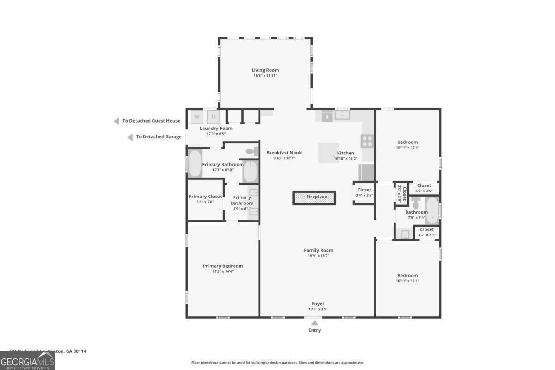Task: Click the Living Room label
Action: (x=265, y=70)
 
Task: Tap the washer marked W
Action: (x=197, y=117)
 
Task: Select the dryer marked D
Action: (x=213, y=117)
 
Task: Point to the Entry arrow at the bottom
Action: (x=314, y=323)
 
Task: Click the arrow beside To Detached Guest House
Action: (x=117, y=121)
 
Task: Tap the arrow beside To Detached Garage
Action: (x=130, y=137)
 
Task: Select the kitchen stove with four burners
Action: (x=367, y=141)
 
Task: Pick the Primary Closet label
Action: (x=205, y=197)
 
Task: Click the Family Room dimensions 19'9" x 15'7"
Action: (x=318, y=256)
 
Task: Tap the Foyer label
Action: (x=318, y=304)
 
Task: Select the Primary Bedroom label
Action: (x=223, y=266)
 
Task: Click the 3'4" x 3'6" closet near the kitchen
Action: (x=364, y=192)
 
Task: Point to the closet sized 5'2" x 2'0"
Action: (x=424, y=188)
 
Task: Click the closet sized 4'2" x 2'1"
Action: (x=426, y=232)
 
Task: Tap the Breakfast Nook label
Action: (x=284, y=153)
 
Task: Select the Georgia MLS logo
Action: (x=28, y=361)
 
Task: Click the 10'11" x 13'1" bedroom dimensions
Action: (x=407, y=281)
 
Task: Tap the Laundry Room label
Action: (x=216, y=129)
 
